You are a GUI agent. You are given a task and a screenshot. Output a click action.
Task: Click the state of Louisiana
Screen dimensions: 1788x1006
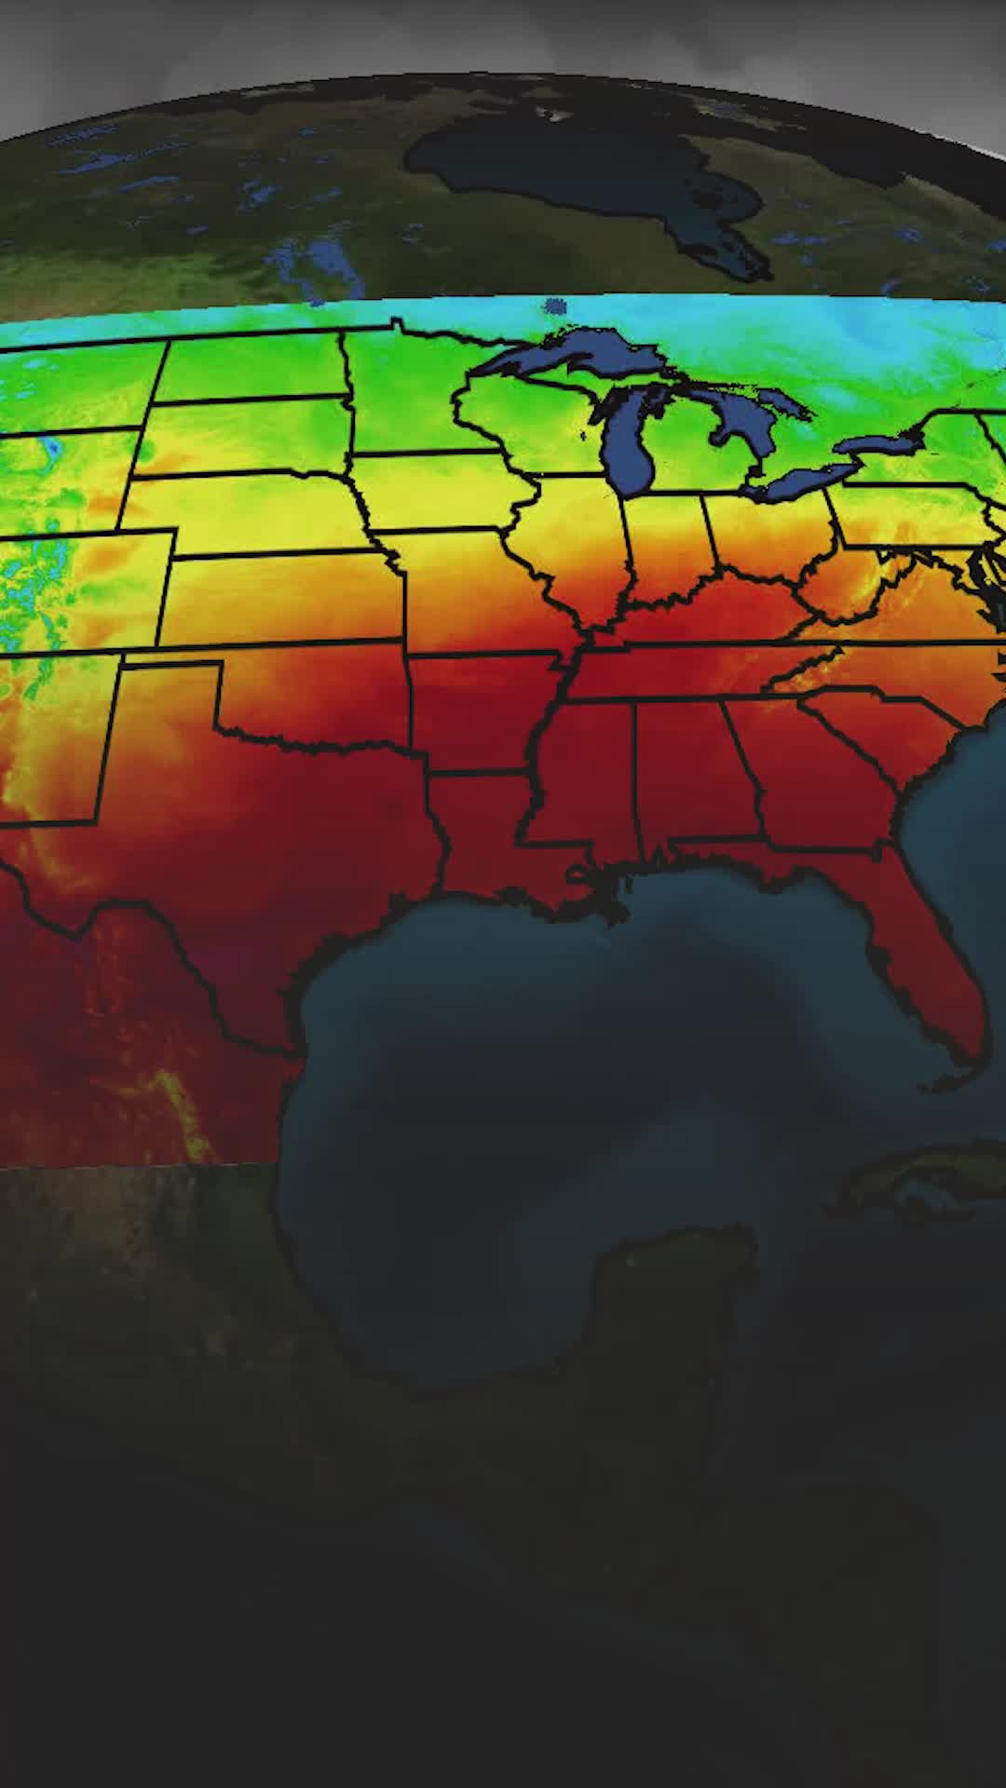click(484, 819)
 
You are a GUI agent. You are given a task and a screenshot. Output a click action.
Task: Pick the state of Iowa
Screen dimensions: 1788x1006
click(438, 494)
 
